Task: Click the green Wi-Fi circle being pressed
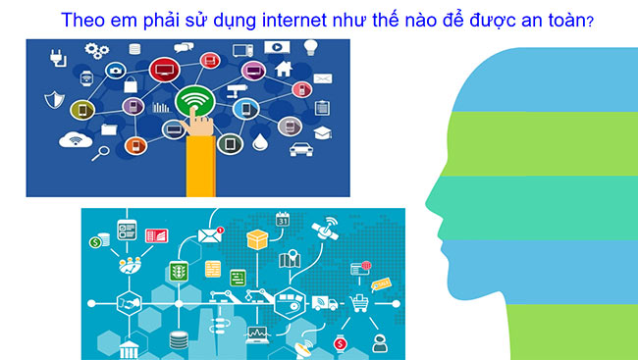click(x=195, y=99)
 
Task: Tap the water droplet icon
click(x=259, y=143)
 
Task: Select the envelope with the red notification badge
click(x=210, y=234)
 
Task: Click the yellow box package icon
click(x=258, y=238)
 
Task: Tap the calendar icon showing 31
click(x=285, y=221)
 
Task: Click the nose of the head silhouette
click(x=429, y=205)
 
